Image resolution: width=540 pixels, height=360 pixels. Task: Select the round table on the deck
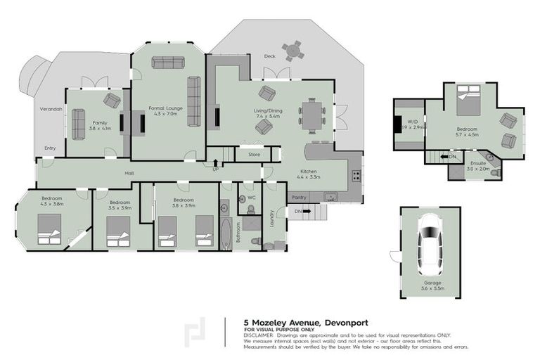tap(292, 51)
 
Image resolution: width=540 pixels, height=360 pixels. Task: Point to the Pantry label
tap(298, 198)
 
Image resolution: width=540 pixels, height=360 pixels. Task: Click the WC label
tap(250, 198)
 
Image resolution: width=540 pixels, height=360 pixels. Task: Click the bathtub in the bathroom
tap(226, 235)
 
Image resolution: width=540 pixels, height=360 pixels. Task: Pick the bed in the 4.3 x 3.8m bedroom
tap(49, 229)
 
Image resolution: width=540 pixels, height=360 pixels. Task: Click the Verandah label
tap(50, 110)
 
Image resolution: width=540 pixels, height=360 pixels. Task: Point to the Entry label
tap(50, 148)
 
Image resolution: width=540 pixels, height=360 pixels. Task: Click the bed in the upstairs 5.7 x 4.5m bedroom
tap(468, 101)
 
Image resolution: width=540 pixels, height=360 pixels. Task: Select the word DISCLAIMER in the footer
tap(259, 335)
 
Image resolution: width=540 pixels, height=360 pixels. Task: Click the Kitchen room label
tap(311, 172)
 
